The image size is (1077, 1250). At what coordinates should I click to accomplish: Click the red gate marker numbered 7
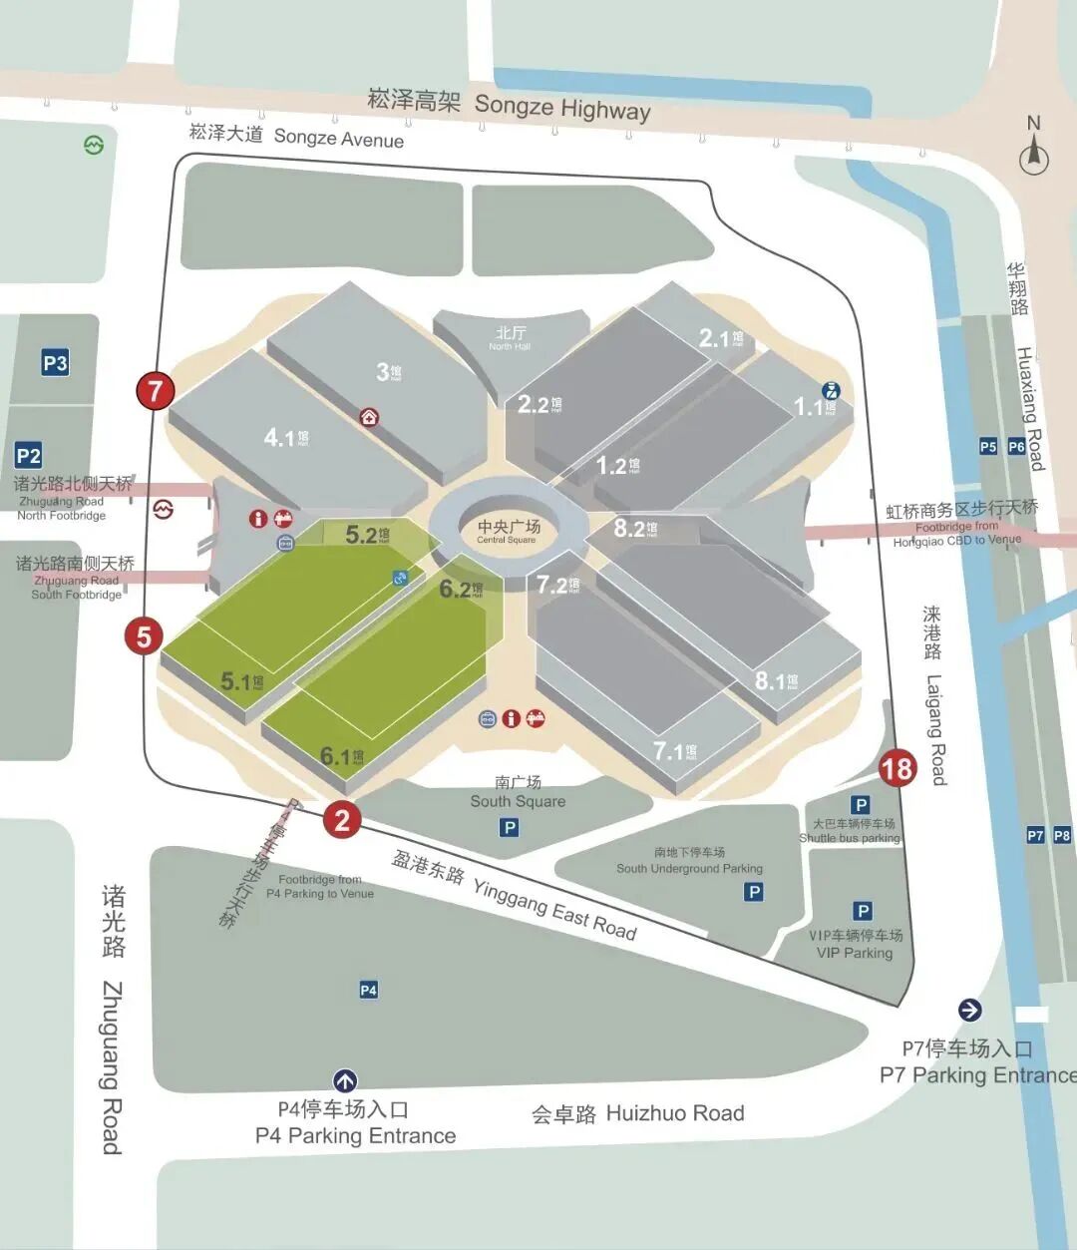click(x=155, y=390)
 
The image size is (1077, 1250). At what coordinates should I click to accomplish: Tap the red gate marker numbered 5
click(x=144, y=635)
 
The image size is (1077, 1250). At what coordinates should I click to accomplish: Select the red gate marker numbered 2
click(x=342, y=820)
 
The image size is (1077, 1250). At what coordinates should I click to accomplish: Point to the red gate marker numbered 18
click(x=897, y=768)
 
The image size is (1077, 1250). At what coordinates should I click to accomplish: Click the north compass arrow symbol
click(x=1034, y=154)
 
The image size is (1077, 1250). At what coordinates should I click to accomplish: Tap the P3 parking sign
click(x=55, y=363)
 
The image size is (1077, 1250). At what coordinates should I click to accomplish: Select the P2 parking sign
click(x=29, y=456)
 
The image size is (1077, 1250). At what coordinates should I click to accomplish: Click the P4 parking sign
click(x=368, y=990)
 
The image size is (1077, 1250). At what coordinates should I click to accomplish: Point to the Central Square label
click(x=508, y=531)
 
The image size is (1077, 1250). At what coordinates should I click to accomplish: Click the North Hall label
click(x=510, y=337)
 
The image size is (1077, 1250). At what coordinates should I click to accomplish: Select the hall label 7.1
click(x=674, y=750)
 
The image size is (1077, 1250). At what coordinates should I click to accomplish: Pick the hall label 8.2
click(x=634, y=528)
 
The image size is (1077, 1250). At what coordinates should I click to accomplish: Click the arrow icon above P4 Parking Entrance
click(x=345, y=1080)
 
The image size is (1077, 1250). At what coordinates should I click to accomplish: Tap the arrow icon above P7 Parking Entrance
click(x=969, y=1010)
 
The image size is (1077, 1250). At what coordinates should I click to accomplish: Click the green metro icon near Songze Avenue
click(x=93, y=146)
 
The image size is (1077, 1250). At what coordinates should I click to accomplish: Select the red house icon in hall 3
click(x=370, y=417)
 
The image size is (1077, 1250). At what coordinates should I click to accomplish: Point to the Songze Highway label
click(x=509, y=103)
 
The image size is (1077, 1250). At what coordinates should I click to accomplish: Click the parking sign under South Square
click(x=510, y=827)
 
